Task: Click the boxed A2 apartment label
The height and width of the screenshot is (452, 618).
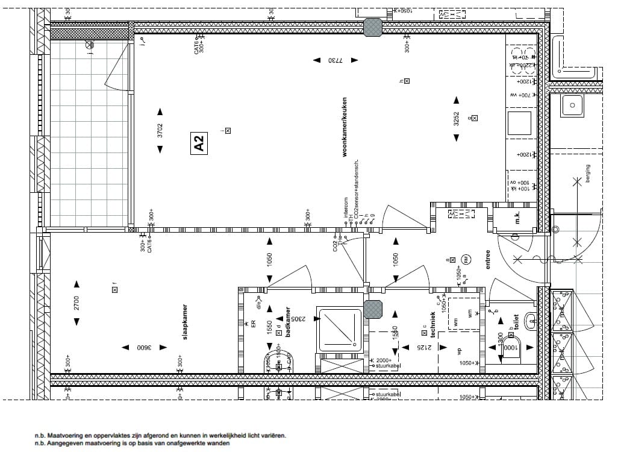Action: tap(199, 143)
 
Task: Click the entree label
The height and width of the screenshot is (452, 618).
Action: tap(488, 259)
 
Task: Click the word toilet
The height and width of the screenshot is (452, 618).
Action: tap(517, 319)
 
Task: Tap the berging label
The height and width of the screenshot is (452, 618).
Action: tap(587, 174)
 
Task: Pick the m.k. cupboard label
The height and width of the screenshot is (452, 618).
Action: tap(517, 219)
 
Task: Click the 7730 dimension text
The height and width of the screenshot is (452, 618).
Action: tap(334, 60)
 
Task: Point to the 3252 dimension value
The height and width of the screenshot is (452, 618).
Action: tap(456, 120)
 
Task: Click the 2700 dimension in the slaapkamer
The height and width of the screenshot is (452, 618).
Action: tap(76, 303)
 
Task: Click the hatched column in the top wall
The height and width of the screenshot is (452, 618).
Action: tap(373, 27)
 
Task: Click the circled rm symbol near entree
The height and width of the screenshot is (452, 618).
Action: tap(467, 260)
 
